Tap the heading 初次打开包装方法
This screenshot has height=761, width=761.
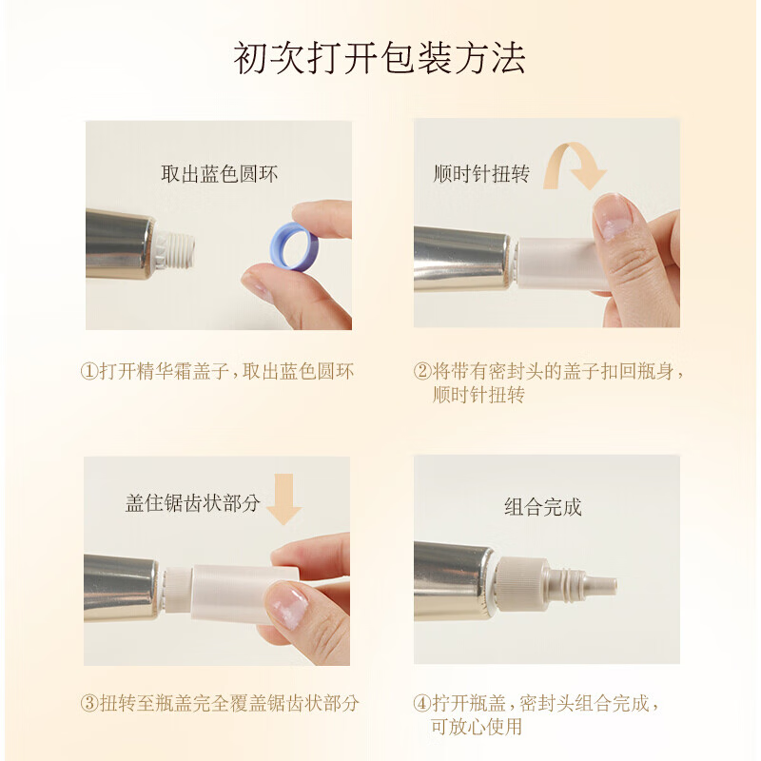pyautogui.click(x=380, y=58)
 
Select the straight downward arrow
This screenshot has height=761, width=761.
pyautogui.click(x=284, y=498)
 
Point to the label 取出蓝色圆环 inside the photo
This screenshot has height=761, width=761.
pyautogui.click(x=220, y=174)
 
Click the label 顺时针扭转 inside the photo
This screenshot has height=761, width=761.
pyautogui.click(x=481, y=174)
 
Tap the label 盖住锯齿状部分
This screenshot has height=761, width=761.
pyautogui.click(x=193, y=503)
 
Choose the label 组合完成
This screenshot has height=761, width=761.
pyautogui.click(x=542, y=507)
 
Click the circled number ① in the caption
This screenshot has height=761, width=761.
pyautogui.click(x=89, y=372)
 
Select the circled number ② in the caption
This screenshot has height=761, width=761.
pyautogui.click(x=422, y=372)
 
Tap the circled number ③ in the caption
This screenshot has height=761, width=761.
pyautogui.click(x=89, y=703)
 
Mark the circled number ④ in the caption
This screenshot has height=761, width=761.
pyautogui.click(x=422, y=703)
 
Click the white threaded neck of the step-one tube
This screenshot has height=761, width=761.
pyautogui.click(x=176, y=249)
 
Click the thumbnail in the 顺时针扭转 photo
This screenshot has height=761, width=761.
pyautogui.click(x=612, y=217)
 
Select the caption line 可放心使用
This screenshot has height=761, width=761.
pyautogui.click(x=477, y=727)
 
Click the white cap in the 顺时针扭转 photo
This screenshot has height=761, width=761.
pyautogui.click(x=558, y=263)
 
